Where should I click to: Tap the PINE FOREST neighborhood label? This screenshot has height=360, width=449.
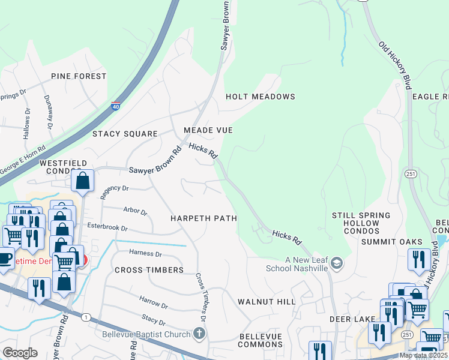pyautogui.click(x=79, y=76)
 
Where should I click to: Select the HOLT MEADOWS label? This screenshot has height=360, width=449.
pyautogui.click(x=261, y=97)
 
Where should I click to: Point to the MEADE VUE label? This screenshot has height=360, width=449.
pyautogui.click(x=208, y=130)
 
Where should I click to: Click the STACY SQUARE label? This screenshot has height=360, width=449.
pyautogui.click(x=125, y=134)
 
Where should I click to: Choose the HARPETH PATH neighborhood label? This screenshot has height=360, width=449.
pyautogui.click(x=203, y=218)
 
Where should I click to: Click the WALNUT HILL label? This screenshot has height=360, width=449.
pyautogui.click(x=267, y=301)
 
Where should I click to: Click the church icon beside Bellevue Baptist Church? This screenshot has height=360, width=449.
pyautogui.click(x=199, y=334)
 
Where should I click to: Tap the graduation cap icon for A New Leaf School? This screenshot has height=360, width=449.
pyautogui.click(x=337, y=262)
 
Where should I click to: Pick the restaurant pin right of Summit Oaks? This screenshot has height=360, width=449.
pyautogui.click(x=418, y=259)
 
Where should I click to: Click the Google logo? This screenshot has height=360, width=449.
pyautogui.click(x=20, y=353)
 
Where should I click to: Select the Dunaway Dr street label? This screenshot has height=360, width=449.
pyautogui.click(x=48, y=112)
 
